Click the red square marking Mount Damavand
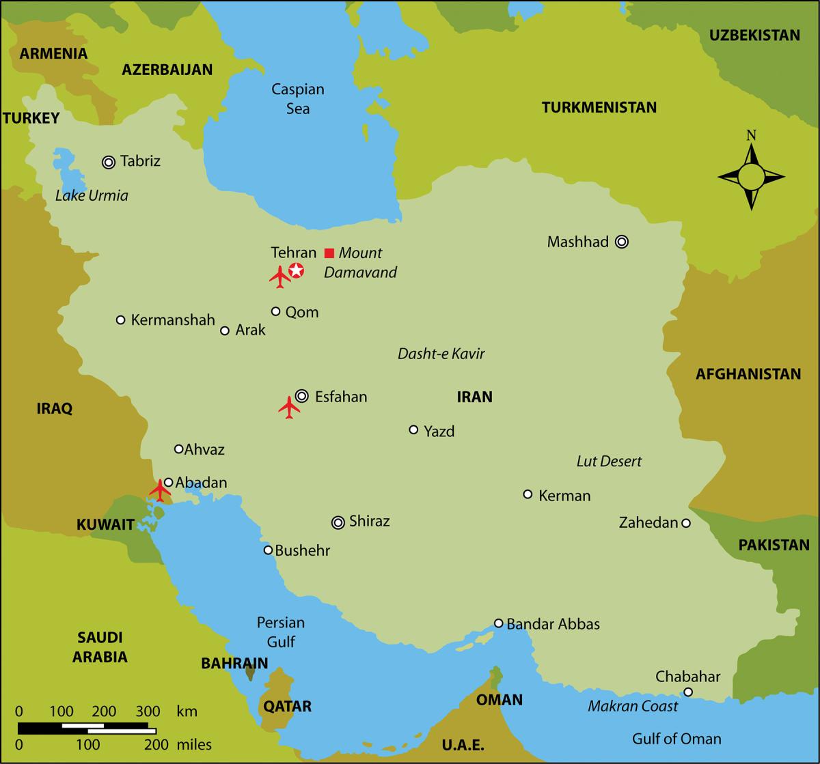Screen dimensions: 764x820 tap(329, 253)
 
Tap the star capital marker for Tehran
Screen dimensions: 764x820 tap(296, 271)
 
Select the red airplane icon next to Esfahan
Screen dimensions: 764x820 tap(289, 408)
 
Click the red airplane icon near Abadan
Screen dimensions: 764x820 tap(161, 490)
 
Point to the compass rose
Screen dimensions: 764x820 tap(751, 177)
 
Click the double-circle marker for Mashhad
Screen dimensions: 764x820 tap(621, 242)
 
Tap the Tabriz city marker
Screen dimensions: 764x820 tap(108, 162)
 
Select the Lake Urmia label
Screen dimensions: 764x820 tap(92, 196)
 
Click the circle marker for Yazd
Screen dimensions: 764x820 tap(413, 429)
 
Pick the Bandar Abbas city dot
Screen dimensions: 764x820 tap(499, 623)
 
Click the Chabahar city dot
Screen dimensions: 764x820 tap(688, 692)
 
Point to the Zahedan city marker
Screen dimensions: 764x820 tap(686, 523)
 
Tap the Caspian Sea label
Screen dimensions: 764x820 tap(298, 99)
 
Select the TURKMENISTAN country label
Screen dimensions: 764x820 tap(599, 107)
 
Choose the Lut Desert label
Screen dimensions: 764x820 tap(609, 462)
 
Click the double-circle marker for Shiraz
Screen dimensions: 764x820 tap(338, 522)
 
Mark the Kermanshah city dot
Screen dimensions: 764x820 tap(121, 320)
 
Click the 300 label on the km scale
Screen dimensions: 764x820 tap(150, 711)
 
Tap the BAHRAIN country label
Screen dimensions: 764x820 tap(234, 663)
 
